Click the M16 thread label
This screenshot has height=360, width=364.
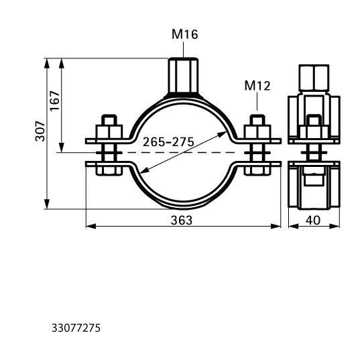click(x=185, y=34)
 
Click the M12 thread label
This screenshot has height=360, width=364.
click(x=257, y=86)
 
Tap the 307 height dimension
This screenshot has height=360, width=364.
click(x=40, y=131)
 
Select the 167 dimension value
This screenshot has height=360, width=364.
click(x=55, y=101)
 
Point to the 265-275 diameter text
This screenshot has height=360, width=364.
click(x=168, y=142)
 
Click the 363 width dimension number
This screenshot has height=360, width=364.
click(x=182, y=221)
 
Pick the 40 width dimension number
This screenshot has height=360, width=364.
click(x=313, y=221)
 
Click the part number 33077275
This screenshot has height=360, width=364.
click(x=76, y=328)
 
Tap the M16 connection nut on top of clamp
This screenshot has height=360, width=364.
click(x=184, y=76)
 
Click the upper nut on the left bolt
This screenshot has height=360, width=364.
click(x=109, y=132)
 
